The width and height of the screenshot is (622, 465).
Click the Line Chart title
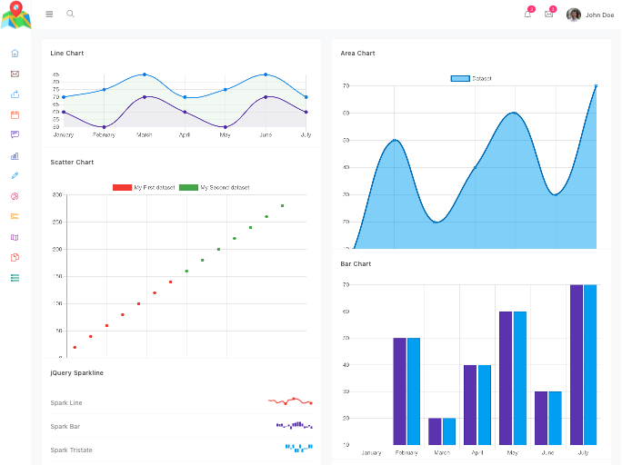click(67, 54)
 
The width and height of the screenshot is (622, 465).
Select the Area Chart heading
click(357, 54)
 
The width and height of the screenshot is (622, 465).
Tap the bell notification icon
click(527, 15)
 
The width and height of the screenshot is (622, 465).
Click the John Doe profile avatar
click(574, 15)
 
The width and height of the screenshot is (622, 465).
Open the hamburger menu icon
click(49, 15)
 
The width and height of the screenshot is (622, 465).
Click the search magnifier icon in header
click(71, 15)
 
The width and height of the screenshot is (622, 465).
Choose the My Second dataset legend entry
click(215, 187)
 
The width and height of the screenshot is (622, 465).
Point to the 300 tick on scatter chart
click(56, 195)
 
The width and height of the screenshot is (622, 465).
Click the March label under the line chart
click(145, 134)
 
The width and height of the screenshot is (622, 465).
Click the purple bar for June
click(541, 418)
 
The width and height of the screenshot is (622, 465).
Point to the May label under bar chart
click(513, 452)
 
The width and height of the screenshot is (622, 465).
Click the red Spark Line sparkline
click(290, 401)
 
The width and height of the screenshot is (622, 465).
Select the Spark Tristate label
click(71, 450)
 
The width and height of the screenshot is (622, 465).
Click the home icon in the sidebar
click(15, 54)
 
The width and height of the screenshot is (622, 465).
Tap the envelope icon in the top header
click(549, 15)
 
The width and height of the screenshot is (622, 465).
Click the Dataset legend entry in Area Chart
click(471, 79)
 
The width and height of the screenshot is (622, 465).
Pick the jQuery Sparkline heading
click(76, 372)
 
